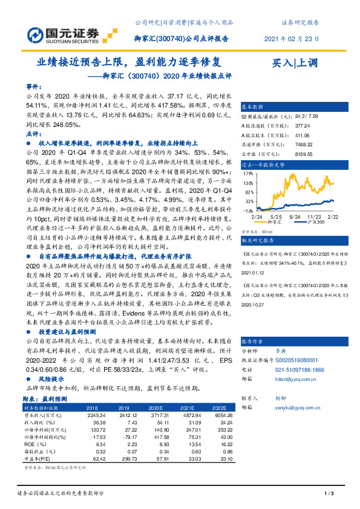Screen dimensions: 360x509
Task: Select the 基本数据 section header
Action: click(255, 105)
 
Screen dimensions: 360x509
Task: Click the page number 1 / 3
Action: click(330, 494)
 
